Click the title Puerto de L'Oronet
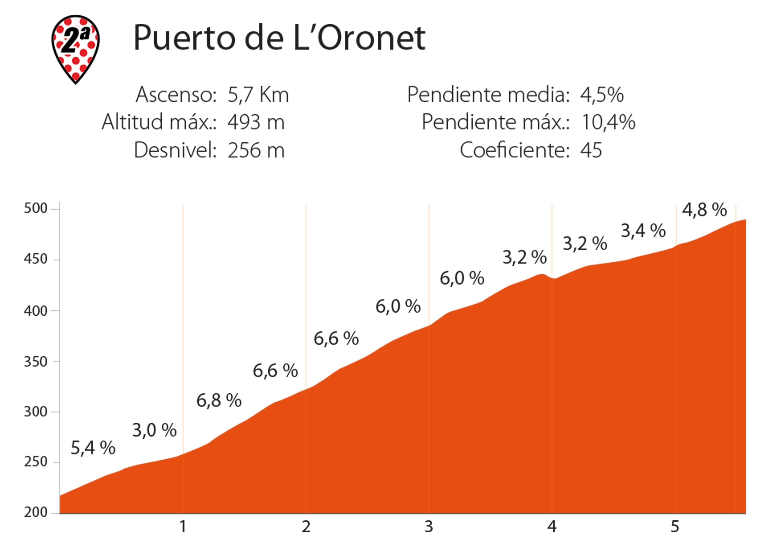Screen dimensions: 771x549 279,38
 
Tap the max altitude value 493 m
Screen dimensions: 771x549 256,122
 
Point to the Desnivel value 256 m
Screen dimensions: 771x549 256,150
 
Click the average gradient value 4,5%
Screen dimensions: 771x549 602,95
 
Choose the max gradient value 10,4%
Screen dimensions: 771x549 608,122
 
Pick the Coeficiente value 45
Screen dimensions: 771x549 591,150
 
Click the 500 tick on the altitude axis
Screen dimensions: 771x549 35,208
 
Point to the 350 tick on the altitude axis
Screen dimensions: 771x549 35,362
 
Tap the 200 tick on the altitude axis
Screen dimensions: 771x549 35,513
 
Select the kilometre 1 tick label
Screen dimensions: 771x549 183,527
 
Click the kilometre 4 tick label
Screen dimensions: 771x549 552,527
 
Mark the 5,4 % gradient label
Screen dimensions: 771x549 93,448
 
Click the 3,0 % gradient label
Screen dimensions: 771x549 154,430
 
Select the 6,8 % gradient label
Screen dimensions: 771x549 219,400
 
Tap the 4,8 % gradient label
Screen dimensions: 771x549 704,210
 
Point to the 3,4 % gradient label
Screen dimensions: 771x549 643,231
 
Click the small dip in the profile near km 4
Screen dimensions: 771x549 552,278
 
